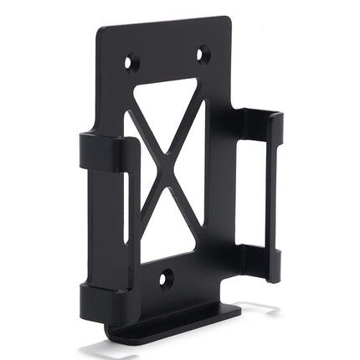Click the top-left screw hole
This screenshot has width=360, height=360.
pos(131,62)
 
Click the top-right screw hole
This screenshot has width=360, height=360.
pos(203,55)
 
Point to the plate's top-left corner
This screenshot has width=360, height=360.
pos(100,31)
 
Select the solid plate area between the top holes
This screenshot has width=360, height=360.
pos(167,57)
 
